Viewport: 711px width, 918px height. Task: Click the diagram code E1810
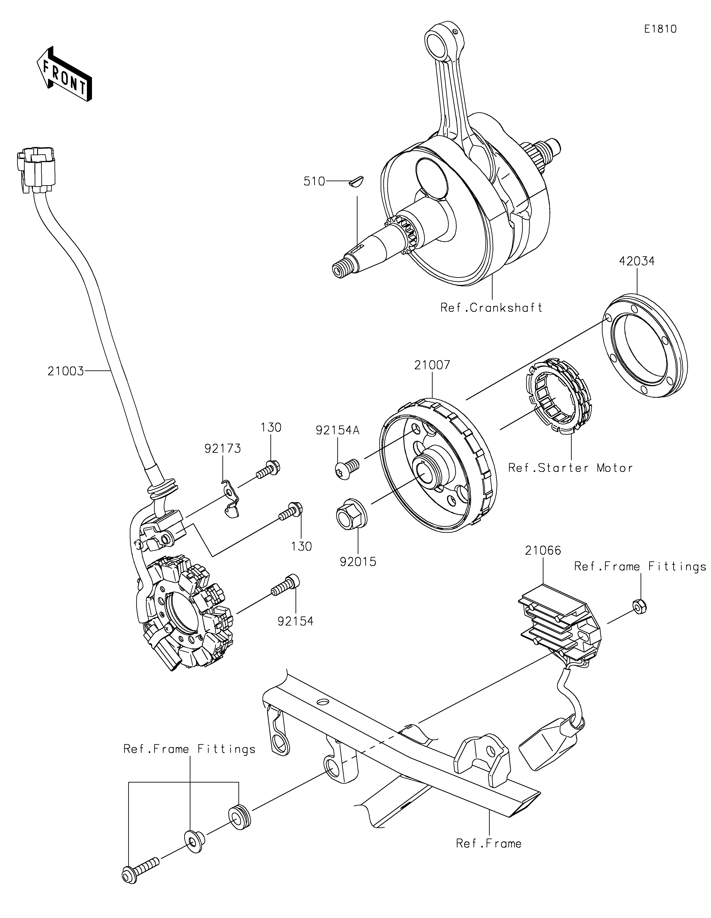[661, 29]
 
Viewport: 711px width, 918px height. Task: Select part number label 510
[314, 182]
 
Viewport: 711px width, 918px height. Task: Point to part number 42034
[637, 261]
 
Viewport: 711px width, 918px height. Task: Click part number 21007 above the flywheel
[432, 365]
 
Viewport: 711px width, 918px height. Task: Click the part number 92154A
[338, 430]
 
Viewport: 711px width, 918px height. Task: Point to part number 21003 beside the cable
[66, 371]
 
